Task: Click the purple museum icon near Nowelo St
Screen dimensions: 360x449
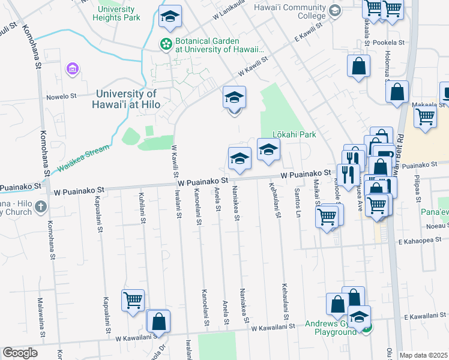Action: (x=73, y=69)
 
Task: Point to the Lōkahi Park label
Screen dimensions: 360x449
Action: (x=294, y=134)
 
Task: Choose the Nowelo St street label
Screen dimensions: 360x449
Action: (x=61, y=95)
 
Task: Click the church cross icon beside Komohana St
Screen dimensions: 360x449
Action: (x=41, y=207)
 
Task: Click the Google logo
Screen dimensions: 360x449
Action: (x=20, y=353)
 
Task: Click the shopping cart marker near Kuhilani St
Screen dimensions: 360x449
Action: (x=133, y=299)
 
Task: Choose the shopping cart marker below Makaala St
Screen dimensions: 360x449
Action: (x=425, y=116)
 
